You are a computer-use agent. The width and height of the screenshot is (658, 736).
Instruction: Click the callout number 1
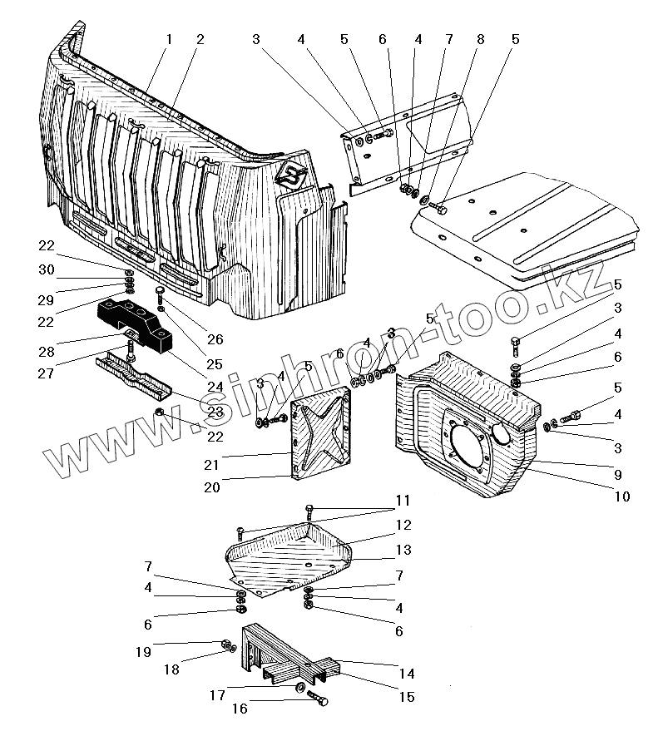point(169,39)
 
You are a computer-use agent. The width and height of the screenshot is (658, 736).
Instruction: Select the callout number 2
point(200,39)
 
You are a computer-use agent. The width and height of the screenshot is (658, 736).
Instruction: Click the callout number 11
point(403,501)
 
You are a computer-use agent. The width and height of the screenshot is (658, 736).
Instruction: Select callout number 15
point(406,697)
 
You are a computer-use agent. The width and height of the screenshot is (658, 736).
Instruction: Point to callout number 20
point(212,487)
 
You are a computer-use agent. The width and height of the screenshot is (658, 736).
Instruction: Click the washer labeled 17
point(299,687)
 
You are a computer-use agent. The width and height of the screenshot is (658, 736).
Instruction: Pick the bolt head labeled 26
point(158,292)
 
